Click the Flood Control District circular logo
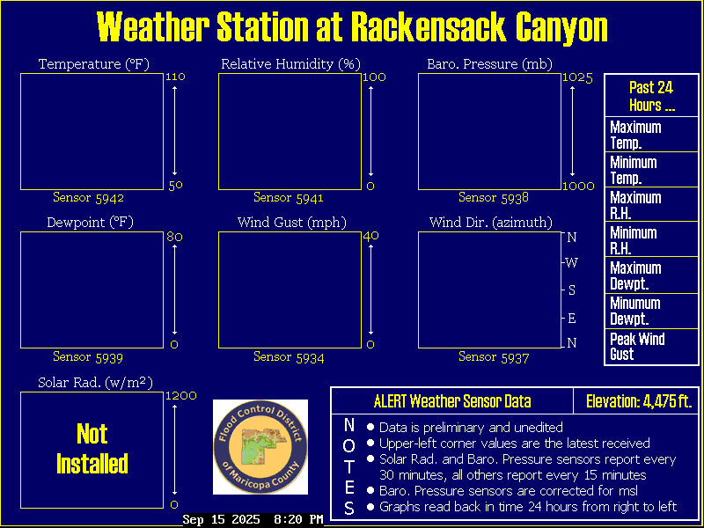coord(260,447)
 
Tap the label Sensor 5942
coord(89,197)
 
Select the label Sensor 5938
coord(494,197)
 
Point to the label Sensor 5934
coord(289,357)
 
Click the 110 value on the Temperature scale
coord(175,77)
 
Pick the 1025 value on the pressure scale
coord(578,78)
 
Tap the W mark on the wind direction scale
coord(571,263)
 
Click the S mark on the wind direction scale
coord(571,290)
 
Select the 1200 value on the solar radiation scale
coord(181,396)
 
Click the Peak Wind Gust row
coord(651,347)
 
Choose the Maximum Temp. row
coord(651,135)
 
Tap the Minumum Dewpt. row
coord(651,312)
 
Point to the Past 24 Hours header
coord(651,96)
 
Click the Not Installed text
coord(92,449)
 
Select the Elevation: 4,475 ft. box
coord(636,401)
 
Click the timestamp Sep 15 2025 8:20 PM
coord(253,520)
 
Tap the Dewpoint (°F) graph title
coord(91,223)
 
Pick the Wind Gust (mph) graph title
coord(292,223)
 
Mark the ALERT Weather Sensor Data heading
coord(452,401)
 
